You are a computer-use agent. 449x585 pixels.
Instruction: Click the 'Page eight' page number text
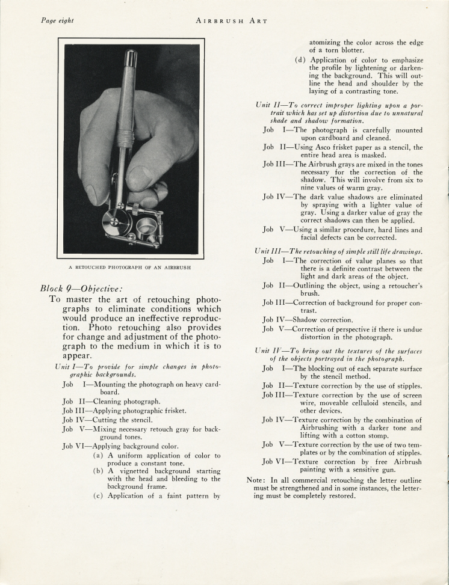tap(57, 20)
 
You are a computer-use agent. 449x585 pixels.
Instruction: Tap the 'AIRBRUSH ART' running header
tap(232, 20)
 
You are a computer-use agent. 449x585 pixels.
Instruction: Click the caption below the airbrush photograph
tap(131, 268)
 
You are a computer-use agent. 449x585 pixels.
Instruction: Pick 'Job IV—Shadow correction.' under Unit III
tap(308, 320)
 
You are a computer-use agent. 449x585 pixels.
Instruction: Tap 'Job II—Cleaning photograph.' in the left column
tap(111, 400)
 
